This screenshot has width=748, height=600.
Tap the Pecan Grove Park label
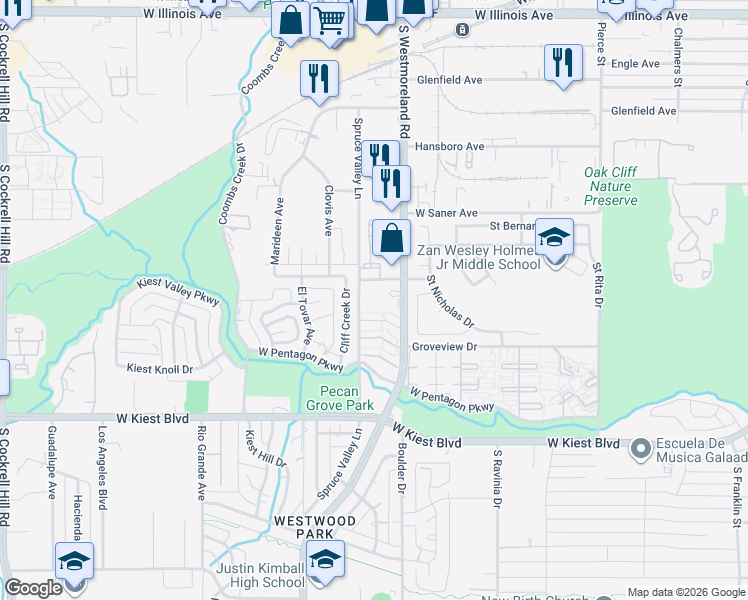tap(346, 398)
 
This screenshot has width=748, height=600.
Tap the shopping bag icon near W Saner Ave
tap(391, 239)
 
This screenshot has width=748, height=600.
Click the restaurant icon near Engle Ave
tap(563, 64)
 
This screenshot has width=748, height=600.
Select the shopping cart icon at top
tap(329, 20)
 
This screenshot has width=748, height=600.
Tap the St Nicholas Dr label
tap(449, 302)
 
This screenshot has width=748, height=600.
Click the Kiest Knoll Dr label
tap(159, 369)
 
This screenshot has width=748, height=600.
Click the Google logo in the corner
tap(32, 588)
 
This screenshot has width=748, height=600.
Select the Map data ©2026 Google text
tap(685, 592)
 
